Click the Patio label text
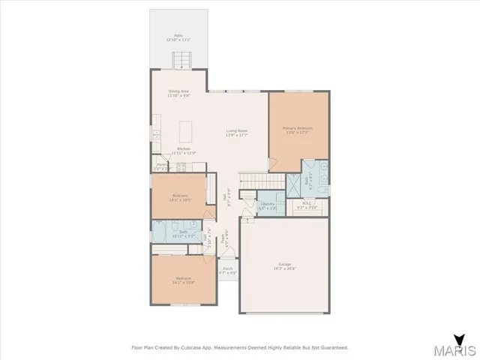click(x=178, y=35)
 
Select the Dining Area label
click(x=178, y=92)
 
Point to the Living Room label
click(x=237, y=131)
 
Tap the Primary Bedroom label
click(x=298, y=128)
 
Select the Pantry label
click(x=161, y=166)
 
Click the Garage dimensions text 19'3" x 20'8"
click(x=284, y=268)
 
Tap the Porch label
click(x=227, y=268)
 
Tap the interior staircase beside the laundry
click(x=261, y=181)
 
